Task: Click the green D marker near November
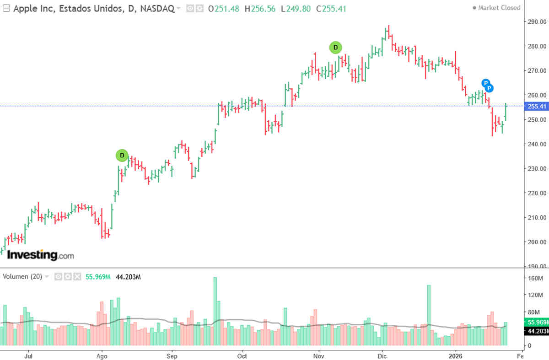[x=335, y=47]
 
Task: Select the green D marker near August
[x=122, y=156]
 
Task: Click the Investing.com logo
[x=40, y=255]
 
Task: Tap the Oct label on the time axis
[x=242, y=355]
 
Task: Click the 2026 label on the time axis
[x=456, y=355]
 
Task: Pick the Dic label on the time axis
[x=382, y=355]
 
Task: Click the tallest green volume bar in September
[x=215, y=311]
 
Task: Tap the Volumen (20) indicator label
[x=22, y=277]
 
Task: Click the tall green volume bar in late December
[x=429, y=315]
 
